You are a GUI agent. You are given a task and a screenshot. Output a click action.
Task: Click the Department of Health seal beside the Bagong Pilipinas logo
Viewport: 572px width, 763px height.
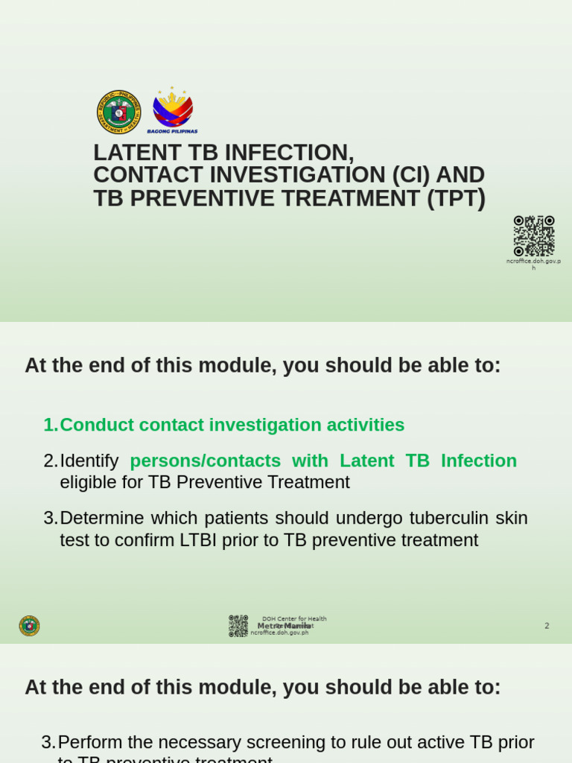tap(119, 112)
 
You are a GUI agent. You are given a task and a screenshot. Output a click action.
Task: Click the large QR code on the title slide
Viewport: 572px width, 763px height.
tap(534, 235)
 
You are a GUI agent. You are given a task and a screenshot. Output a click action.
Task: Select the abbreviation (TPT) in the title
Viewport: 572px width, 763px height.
tap(456, 199)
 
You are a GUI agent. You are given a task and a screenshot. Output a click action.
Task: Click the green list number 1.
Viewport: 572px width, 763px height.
tap(50, 425)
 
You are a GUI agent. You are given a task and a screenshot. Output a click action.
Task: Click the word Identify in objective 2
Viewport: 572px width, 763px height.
tap(89, 460)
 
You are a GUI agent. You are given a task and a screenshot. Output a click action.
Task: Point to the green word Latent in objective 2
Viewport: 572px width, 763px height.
tap(366, 460)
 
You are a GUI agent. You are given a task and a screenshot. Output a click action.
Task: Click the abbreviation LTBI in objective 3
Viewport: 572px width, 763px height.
tap(197, 540)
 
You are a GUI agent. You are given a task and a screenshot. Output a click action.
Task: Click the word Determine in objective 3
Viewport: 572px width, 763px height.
tap(102, 518)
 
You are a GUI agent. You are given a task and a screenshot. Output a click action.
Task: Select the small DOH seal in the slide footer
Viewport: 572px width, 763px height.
tap(29, 626)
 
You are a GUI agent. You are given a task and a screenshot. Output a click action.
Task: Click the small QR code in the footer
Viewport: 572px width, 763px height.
tap(238, 626)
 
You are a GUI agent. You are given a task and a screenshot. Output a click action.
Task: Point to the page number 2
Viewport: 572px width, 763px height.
tap(547, 626)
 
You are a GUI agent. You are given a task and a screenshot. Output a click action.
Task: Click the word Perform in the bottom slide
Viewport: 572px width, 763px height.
tap(90, 742)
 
